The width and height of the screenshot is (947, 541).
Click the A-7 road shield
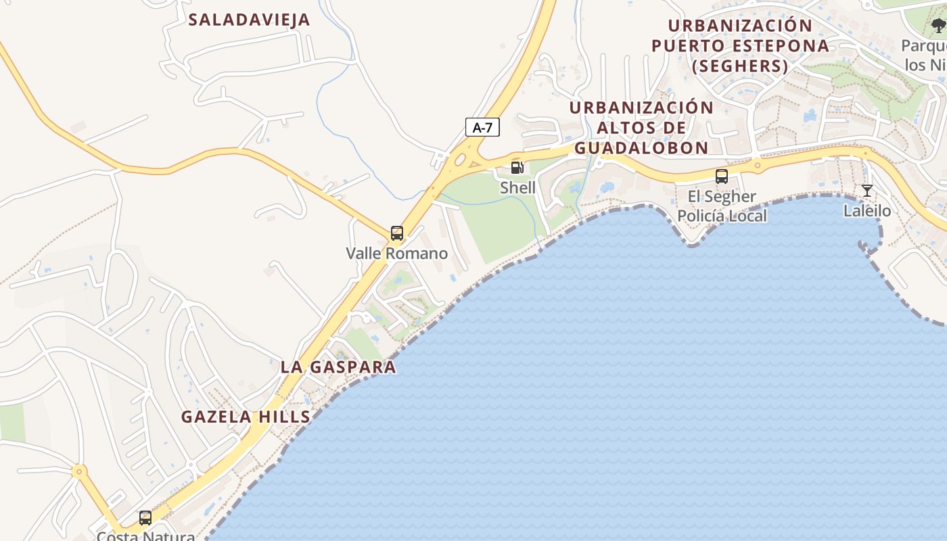pos(482,127)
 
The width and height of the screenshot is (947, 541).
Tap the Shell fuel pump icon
pos(517,167)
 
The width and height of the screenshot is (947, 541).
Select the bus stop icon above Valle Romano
pos(397,233)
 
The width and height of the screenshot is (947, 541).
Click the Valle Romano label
pos(397,254)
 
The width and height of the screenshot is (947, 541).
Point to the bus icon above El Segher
pos(722,177)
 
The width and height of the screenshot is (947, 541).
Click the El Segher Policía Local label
pos(722,206)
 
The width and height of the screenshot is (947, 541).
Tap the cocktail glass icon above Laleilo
pos(867,191)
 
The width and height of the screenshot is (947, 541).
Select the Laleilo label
pos(867,211)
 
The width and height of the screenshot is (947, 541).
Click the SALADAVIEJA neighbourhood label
pos(249,20)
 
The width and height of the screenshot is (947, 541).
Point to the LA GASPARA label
pos(338,367)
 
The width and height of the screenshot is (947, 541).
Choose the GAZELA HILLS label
pos(246,417)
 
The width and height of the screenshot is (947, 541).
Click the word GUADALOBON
pos(641,148)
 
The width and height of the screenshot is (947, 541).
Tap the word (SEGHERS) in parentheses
pos(740,66)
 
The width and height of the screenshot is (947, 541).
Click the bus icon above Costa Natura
pos(145,518)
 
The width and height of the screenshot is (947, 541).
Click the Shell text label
pos(517,187)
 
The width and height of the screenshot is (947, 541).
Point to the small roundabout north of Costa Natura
pos(80,471)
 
